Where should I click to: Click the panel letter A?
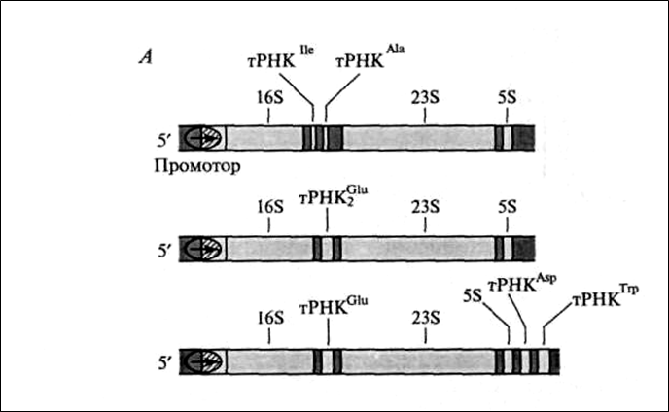(145, 55)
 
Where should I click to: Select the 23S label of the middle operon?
(426, 206)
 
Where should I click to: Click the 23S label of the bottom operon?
(426, 317)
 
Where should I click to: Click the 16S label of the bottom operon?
(269, 317)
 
